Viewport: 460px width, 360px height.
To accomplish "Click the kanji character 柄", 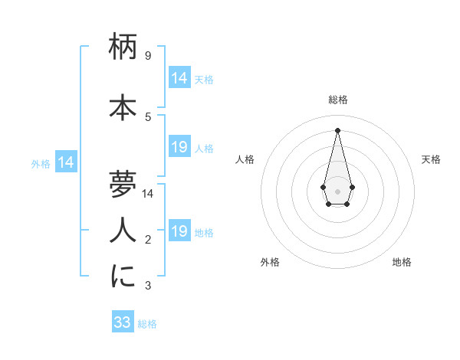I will coord(123,48).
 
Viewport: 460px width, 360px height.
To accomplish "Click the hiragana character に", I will coord(123,276).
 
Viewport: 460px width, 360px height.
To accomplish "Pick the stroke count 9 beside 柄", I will coord(147,55).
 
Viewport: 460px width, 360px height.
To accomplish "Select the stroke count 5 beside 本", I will coord(147,116).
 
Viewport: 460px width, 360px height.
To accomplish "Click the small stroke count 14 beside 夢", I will coord(148,193).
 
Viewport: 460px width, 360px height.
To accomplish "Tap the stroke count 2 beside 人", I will coord(147,240).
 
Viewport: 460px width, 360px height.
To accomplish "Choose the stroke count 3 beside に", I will coord(147,286).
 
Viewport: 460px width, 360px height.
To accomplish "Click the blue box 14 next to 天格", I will coord(179,78).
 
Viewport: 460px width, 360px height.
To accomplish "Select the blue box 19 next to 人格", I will coord(179,147).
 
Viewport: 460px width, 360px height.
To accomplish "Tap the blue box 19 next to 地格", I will coord(179,231).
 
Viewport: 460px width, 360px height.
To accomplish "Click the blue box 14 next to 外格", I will coord(65,162).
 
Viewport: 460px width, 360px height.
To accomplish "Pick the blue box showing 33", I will coord(123,322).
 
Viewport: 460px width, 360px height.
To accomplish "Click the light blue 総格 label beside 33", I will coord(148,324).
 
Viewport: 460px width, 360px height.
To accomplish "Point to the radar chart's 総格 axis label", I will coord(337,100).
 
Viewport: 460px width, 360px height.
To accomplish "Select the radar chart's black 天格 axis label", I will coord(431,159).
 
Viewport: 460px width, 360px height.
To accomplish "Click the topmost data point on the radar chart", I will coord(337,129).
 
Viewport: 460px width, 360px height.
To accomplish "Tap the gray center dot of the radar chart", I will coord(337,190).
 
